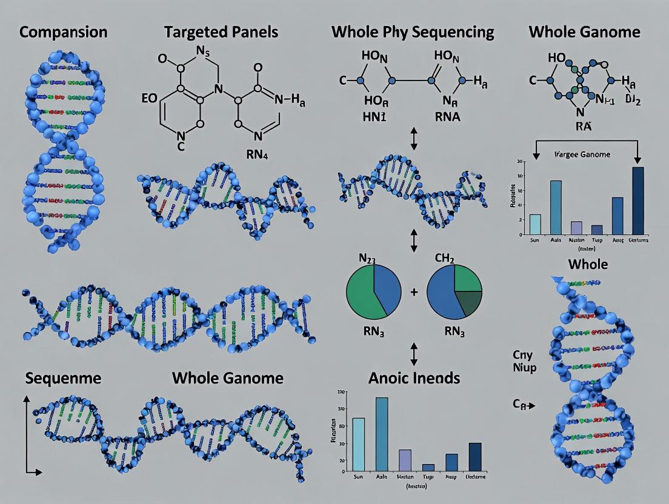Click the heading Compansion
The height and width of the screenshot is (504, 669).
pos(63,32)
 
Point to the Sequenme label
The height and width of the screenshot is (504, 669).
pos(63,379)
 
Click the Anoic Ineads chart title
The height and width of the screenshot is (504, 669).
pos(414,379)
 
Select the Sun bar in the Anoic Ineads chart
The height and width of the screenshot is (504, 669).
pos(359,444)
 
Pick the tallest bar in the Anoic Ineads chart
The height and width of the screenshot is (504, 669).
pos(382,434)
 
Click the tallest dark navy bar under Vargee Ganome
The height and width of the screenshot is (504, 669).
pos(638,201)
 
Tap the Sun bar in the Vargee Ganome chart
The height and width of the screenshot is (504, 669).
pos(535,224)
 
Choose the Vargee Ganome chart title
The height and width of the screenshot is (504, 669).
pos(582,154)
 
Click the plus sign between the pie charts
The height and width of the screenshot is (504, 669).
pos(414,292)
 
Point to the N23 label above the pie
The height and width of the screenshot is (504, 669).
pos(367,259)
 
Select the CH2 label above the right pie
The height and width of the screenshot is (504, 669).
pos(444,259)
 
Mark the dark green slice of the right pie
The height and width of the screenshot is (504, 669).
pos(468,303)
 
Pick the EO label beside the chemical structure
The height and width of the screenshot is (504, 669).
pos(149,99)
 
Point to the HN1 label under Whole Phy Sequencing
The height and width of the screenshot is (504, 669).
pos(374,116)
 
